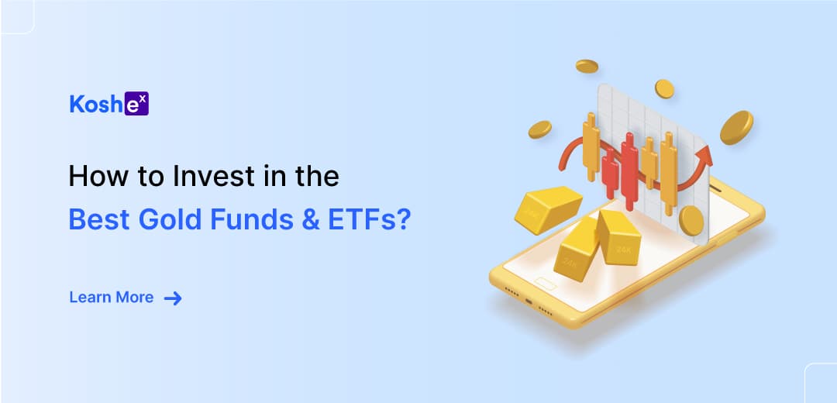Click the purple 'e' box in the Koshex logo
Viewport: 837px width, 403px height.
(x=136, y=104)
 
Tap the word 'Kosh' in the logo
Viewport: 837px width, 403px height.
(x=97, y=104)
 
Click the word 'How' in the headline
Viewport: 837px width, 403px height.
(x=91, y=176)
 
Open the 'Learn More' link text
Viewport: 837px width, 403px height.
(x=112, y=298)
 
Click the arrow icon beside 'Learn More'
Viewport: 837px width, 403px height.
(x=173, y=298)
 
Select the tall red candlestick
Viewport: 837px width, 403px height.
(x=630, y=172)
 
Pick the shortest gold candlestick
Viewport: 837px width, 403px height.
(x=649, y=163)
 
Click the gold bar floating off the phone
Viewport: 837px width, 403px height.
(x=548, y=210)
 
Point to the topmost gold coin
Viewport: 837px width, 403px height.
(x=587, y=66)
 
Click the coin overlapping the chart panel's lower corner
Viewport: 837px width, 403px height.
(x=691, y=220)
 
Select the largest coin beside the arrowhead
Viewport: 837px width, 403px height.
(x=737, y=128)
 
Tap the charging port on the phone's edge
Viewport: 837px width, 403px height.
(x=529, y=301)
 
